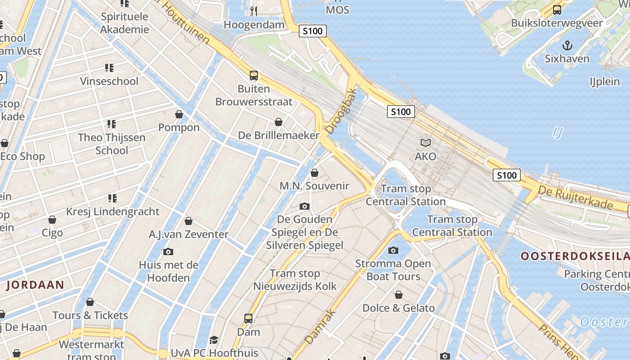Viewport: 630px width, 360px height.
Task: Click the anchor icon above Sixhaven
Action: pyautogui.click(x=567, y=45)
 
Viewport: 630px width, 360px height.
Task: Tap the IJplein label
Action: pyautogui.click(x=605, y=81)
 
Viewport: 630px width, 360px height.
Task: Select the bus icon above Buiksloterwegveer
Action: pyautogui.click(x=557, y=9)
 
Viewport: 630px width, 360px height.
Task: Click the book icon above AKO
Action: pyautogui.click(x=425, y=143)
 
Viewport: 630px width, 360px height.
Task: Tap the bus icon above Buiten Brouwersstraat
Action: pyautogui.click(x=254, y=75)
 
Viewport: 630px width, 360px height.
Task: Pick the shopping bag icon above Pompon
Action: pyautogui.click(x=179, y=114)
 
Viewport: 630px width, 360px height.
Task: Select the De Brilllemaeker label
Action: pyautogui.click(x=279, y=135)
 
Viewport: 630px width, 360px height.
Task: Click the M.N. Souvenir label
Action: pyautogui.click(x=314, y=186)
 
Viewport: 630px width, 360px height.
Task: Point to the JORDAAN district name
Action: pyautogui.click(x=35, y=284)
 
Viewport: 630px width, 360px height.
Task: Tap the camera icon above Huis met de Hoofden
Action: pyautogui.click(x=168, y=252)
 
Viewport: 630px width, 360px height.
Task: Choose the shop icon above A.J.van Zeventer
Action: pyautogui.click(x=189, y=221)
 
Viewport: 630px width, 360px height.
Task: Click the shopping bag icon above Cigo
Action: pyautogui.click(x=52, y=220)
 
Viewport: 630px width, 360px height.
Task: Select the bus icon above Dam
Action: pyautogui.click(x=248, y=319)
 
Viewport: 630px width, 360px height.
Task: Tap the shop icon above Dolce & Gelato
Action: pyautogui.click(x=399, y=295)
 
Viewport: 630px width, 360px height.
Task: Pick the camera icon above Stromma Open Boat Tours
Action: pyautogui.click(x=393, y=250)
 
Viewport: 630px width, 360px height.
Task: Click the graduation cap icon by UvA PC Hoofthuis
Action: pyautogui.click(x=214, y=340)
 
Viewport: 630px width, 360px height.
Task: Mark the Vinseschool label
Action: pyautogui.click(x=109, y=81)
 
